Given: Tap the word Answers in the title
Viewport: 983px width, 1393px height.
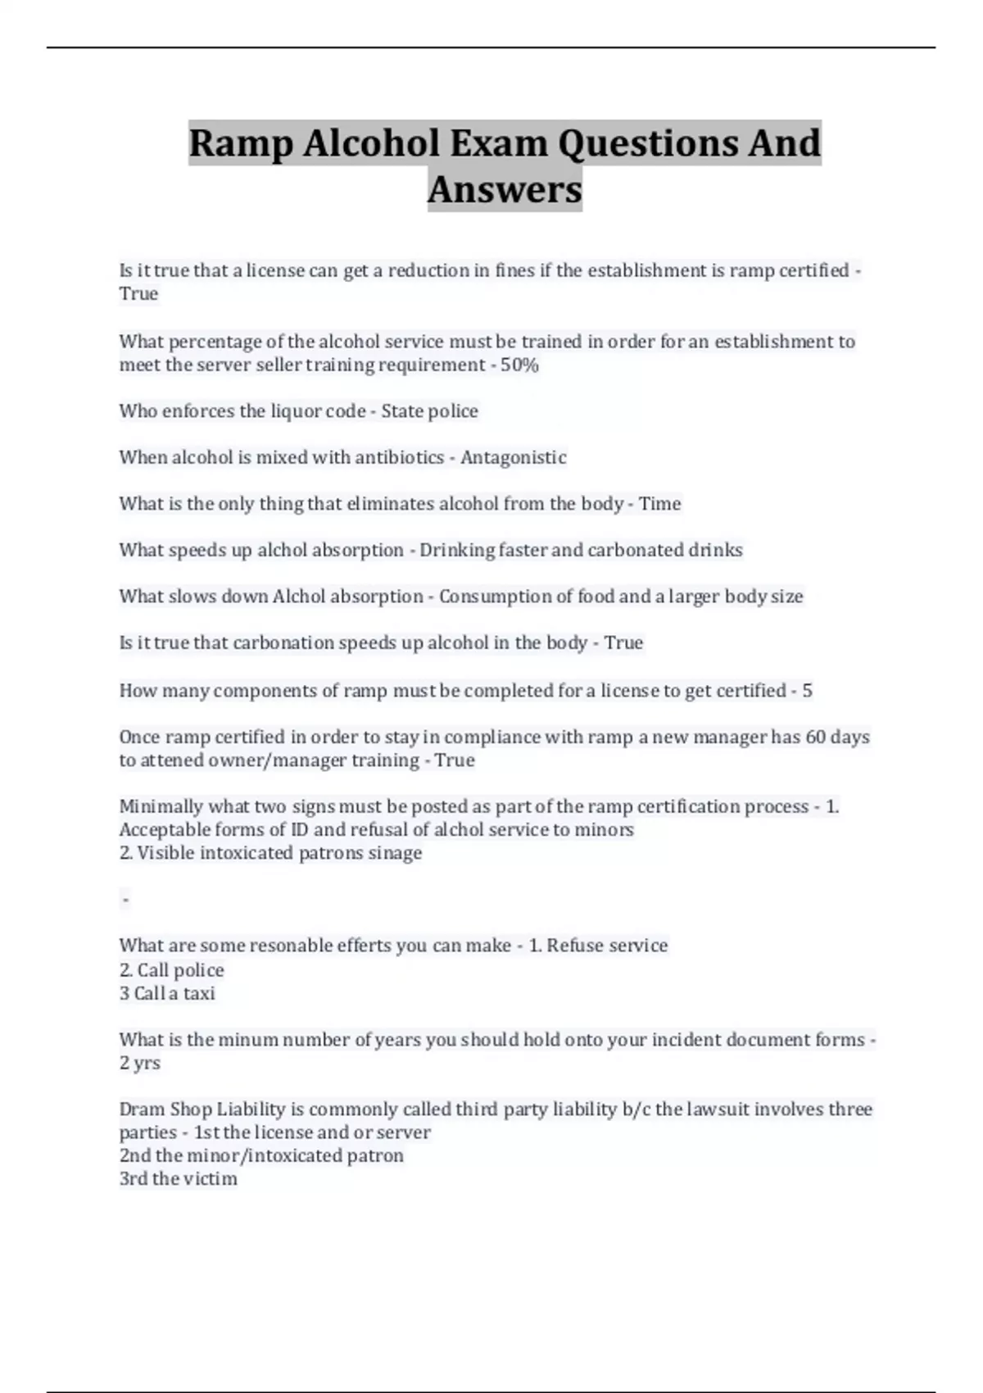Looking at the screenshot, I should pyautogui.click(x=505, y=190).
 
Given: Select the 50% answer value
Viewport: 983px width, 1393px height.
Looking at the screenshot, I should pyautogui.click(x=519, y=365).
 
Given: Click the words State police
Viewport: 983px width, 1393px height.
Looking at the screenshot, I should pyautogui.click(x=429, y=411).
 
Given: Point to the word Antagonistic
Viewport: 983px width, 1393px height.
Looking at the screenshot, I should pyautogui.click(x=513, y=457).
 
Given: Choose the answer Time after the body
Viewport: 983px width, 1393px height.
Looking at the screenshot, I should pyautogui.click(x=659, y=504).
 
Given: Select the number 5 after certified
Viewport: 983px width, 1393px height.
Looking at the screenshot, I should pyautogui.click(x=807, y=691).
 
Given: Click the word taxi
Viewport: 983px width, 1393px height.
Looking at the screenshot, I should pyautogui.click(x=199, y=993).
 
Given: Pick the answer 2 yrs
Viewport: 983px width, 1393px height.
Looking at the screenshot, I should pyautogui.click(x=140, y=1064).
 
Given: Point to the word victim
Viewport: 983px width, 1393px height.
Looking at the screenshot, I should pyautogui.click(x=211, y=1179).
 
